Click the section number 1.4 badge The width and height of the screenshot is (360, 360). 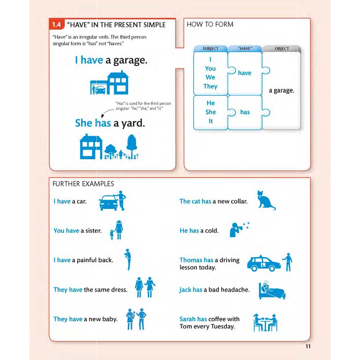pyautogui.click(x=56, y=25)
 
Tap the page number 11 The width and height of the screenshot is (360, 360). pyautogui.click(x=308, y=346)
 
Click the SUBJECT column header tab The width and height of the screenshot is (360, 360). pyautogui.click(x=210, y=49)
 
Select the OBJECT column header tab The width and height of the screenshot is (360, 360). pyautogui.click(x=282, y=49)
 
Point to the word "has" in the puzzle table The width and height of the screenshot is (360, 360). pyautogui.click(x=245, y=112)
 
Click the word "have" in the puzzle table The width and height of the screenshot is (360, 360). pyautogui.click(x=244, y=73)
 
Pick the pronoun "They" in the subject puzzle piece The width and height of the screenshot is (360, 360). pyautogui.click(x=210, y=86)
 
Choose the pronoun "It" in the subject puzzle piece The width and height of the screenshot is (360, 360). pyautogui.click(x=210, y=121)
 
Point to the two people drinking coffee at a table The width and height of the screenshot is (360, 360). pyautogui.click(x=265, y=322)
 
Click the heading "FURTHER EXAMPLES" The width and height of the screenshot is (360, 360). pyautogui.click(x=83, y=184)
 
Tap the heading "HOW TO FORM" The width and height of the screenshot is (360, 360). pyautogui.click(x=210, y=24)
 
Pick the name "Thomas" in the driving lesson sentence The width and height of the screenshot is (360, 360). pyautogui.click(x=191, y=260)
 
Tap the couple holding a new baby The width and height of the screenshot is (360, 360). pyautogui.click(x=136, y=319)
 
